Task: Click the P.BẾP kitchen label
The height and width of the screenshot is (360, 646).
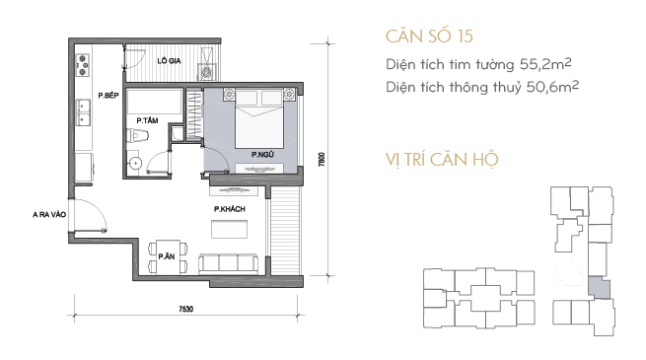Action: click(108, 95)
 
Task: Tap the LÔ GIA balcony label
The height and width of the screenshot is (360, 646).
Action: click(169, 61)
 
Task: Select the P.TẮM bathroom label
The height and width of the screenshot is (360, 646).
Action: click(147, 120)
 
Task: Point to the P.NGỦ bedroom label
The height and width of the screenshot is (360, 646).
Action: click(262, 155)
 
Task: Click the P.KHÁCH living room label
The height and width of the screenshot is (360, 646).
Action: click(230, 209)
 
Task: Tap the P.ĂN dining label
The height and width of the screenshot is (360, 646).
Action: click(167, 256)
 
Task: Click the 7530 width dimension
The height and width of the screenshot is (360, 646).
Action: click(185, 309)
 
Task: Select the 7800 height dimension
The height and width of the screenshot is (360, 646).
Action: click(322, 160)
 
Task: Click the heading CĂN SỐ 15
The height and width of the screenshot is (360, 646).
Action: click(429, 36)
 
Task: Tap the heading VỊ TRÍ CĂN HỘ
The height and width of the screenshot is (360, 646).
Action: click(442, 160)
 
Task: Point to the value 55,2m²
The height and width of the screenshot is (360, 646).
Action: click(545, 64)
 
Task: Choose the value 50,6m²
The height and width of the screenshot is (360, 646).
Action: click(552, 87)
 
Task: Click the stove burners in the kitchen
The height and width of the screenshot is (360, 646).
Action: click(83, 65)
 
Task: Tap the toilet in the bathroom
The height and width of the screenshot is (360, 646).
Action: click(136, 135)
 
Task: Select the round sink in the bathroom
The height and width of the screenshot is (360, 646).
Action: click(135, 164)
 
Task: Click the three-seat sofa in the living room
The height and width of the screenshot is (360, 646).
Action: click(228, 263)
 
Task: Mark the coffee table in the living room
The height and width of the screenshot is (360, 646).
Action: click(230, 229)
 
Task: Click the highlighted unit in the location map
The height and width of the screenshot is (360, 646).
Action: click(599, 287)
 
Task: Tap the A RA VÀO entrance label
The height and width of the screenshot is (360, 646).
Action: click(49, 215)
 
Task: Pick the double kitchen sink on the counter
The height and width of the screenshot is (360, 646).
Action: click(84, 112)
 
